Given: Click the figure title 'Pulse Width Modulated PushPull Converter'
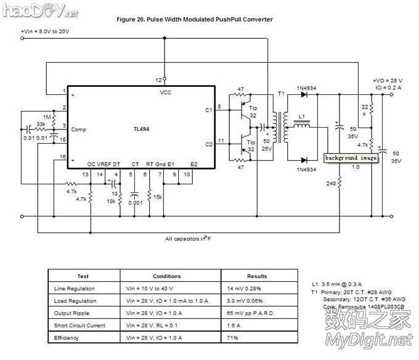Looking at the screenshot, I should pos(194,20).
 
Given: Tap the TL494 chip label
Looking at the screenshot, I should pos(141,129).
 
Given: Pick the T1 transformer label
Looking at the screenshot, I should pos(282,94).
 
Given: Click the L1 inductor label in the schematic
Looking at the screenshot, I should pos(301,117).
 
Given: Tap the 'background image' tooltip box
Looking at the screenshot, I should pos(351,158).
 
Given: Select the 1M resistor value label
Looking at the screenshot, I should pos(47,117).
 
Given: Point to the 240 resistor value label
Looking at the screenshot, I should pos(331,183).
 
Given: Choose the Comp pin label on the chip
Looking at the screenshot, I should pos(79,129).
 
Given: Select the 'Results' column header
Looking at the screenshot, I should pos(257,276).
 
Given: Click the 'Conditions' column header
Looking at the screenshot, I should pos(166,276).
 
